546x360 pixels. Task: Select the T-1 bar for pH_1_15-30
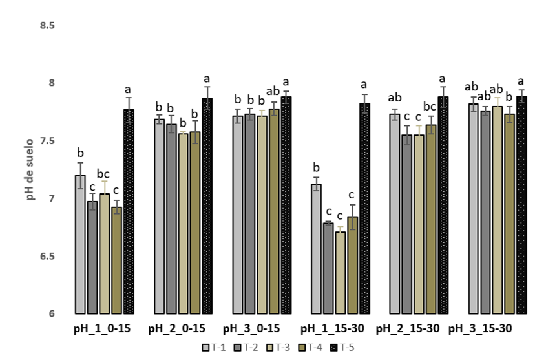tap(316, 249)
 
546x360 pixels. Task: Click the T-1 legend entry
tap(213, 348)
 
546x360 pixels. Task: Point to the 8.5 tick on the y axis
tap(47, 26)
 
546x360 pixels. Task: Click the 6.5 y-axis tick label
tap(47, 257)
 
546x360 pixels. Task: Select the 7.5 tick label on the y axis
tap(47, 142)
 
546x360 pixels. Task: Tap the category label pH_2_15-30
tap(408, 329)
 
